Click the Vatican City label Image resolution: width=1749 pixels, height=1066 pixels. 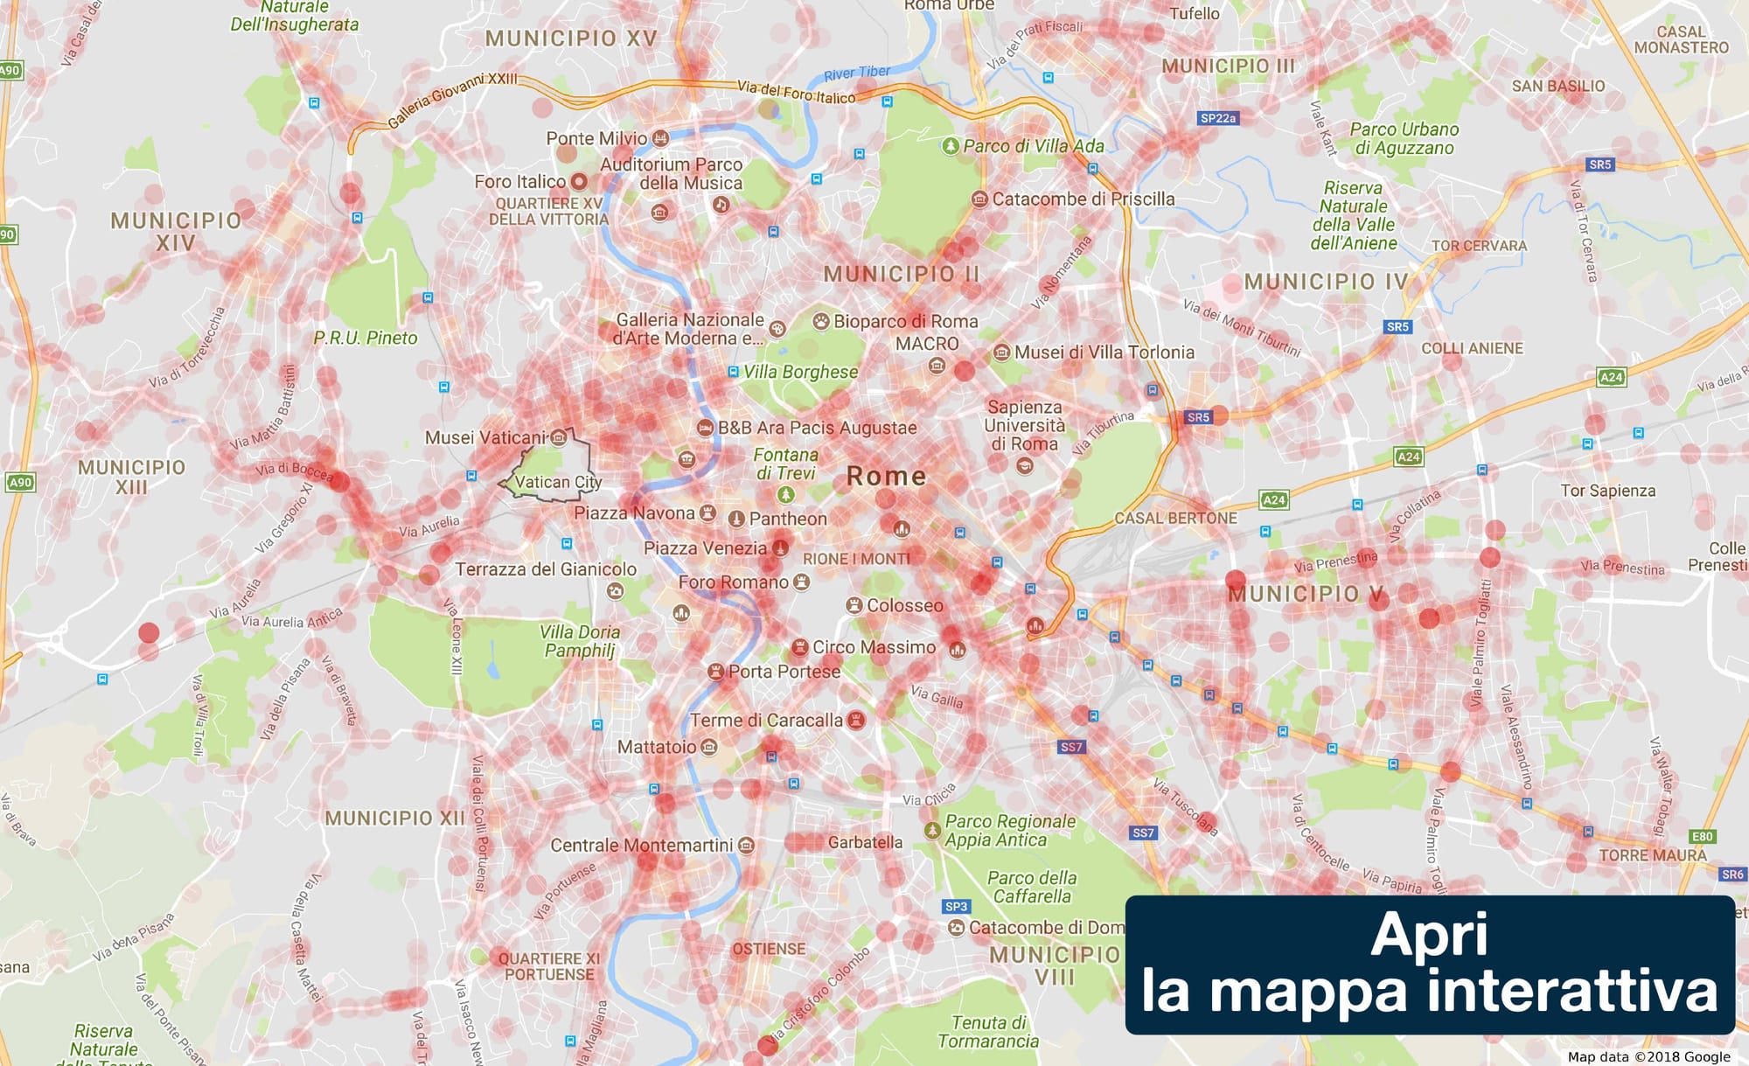point(558,482)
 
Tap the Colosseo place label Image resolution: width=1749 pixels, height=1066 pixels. point(904,605)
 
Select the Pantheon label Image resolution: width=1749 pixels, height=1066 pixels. point(787,519)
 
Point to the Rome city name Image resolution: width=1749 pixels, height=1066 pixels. point(886,477)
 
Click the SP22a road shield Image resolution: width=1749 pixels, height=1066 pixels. point(1217,118)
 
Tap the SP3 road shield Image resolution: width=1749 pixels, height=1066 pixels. point(956,907)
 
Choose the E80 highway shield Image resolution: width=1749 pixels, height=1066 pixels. point(1702,837)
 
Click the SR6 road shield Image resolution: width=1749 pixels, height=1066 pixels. point(1732,874)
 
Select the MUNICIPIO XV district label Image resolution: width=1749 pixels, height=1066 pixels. point(571,38)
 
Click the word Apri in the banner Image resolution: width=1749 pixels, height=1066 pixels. point(1429,935)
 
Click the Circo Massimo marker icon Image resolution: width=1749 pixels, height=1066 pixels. point(798,648)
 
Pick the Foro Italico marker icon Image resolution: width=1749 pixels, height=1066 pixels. point(579,182)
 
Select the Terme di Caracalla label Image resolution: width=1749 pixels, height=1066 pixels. point(766,721)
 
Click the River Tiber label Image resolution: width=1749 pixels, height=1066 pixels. point(857,73)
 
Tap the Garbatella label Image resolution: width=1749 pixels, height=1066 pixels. point(865,842)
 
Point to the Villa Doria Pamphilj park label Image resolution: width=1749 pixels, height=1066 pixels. point(580,641)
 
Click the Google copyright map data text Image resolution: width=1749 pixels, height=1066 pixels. point(1648,1056)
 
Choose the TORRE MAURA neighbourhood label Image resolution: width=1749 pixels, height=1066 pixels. point(1652,855)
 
